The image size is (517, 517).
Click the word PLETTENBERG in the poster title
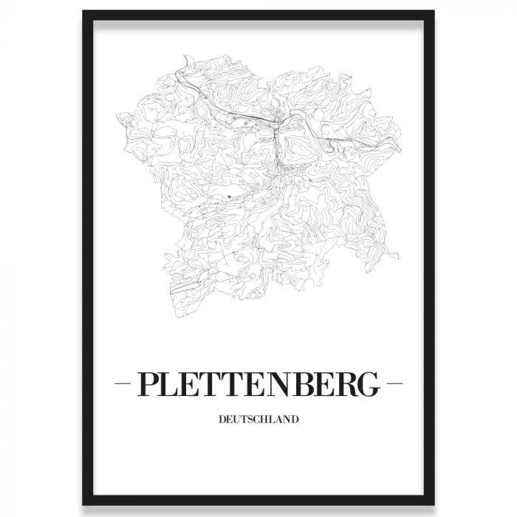(258, 386)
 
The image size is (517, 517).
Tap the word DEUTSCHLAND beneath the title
(258, 420)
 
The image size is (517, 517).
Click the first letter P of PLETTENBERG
(149, 386)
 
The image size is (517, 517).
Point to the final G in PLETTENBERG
(367, 386)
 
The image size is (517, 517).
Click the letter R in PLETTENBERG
(343, 386)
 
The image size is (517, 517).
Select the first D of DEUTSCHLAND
(222, 420)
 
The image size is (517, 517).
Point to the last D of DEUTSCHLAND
(295, 420)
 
